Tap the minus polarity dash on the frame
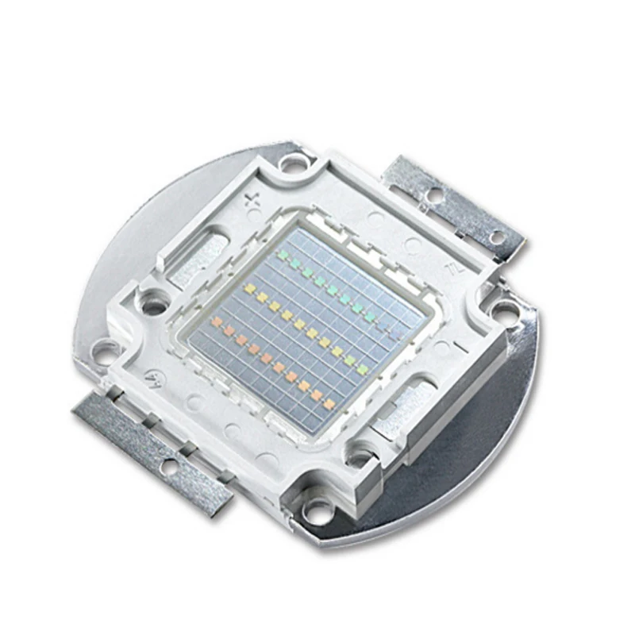pos(458,348)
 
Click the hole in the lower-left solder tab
pos(168,467)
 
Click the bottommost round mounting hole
pos(318,512)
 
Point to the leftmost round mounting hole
pos(104,349)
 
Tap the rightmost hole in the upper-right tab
pos(496,236)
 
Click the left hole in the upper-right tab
pos(433,194)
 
